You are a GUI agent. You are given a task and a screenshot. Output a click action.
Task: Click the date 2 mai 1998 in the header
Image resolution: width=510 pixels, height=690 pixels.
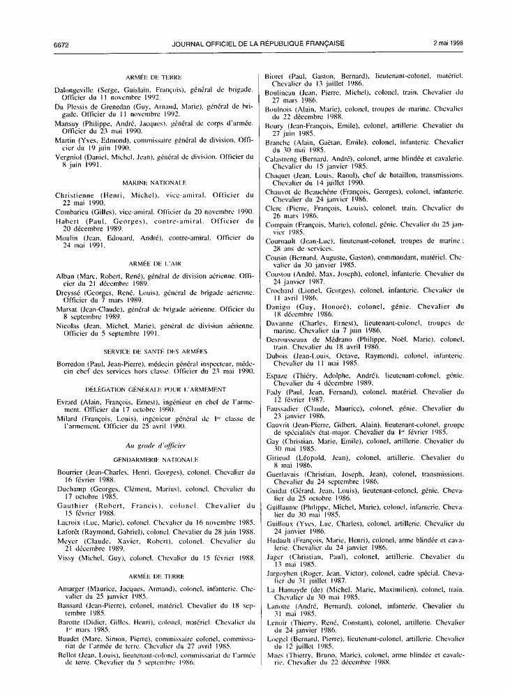click(x=448, y=43)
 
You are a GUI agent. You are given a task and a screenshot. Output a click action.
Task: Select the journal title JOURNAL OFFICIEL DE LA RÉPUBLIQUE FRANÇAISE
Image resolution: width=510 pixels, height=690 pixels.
click(x=258, y=43)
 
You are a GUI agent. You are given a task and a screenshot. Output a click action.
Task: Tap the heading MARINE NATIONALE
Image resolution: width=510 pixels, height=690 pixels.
click(x=150, y=182)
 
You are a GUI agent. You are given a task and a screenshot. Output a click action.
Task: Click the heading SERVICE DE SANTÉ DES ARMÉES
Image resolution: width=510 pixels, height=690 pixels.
click(x=150, y=351)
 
